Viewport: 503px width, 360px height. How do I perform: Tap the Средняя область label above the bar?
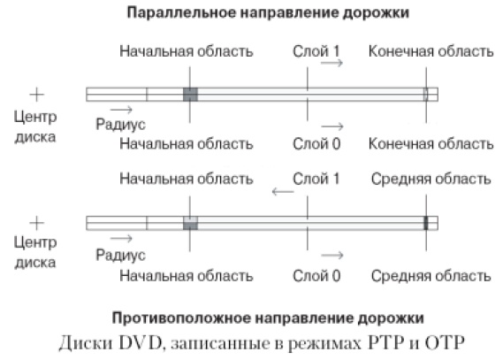click(431, 179)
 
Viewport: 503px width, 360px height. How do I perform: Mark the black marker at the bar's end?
click(425, 223)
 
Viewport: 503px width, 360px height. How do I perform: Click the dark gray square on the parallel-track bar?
click(189, 94)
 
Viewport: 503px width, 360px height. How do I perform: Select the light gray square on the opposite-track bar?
click(189, 223)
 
